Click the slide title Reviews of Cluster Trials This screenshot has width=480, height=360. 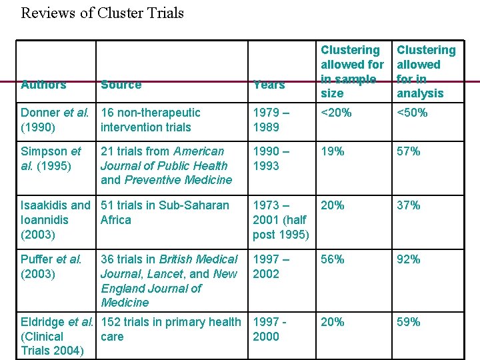pyautogui.click(x=102, y=13)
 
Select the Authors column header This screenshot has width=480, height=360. pyautogui.click(x=43, y=85)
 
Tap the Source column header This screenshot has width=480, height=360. pyautogui.click(x=121, y=85)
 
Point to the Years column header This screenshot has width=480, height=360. pyautogui.click(x=269, y=85)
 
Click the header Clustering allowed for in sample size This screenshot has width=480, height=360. pyautogui.click(x=352, y=71)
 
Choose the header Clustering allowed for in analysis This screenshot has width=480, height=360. pyautogui.click(x=426, y=71)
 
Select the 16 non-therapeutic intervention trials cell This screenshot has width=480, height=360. pyautogui.click(x=150, y=120)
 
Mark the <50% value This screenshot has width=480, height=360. pyautogui.click(x=413, y=113)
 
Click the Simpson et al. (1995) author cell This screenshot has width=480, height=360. pyautogui.click(x=51, y=159)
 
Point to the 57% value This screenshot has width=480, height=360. pyautogui.click(x=409, y=151)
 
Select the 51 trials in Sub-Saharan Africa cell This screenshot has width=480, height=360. pyautogui.click(x=165, y=213)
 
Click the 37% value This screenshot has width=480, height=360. pyautogui.click(x=409, y=205)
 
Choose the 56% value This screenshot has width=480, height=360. pyautogui.click(x=333, y=259)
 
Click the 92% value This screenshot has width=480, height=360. pyautogui.click(x=409, y=259)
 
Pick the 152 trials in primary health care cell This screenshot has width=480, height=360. pyautogui.click(x=170, y=329)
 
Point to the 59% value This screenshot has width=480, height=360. pyautogui.click(x=409, y=322)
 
